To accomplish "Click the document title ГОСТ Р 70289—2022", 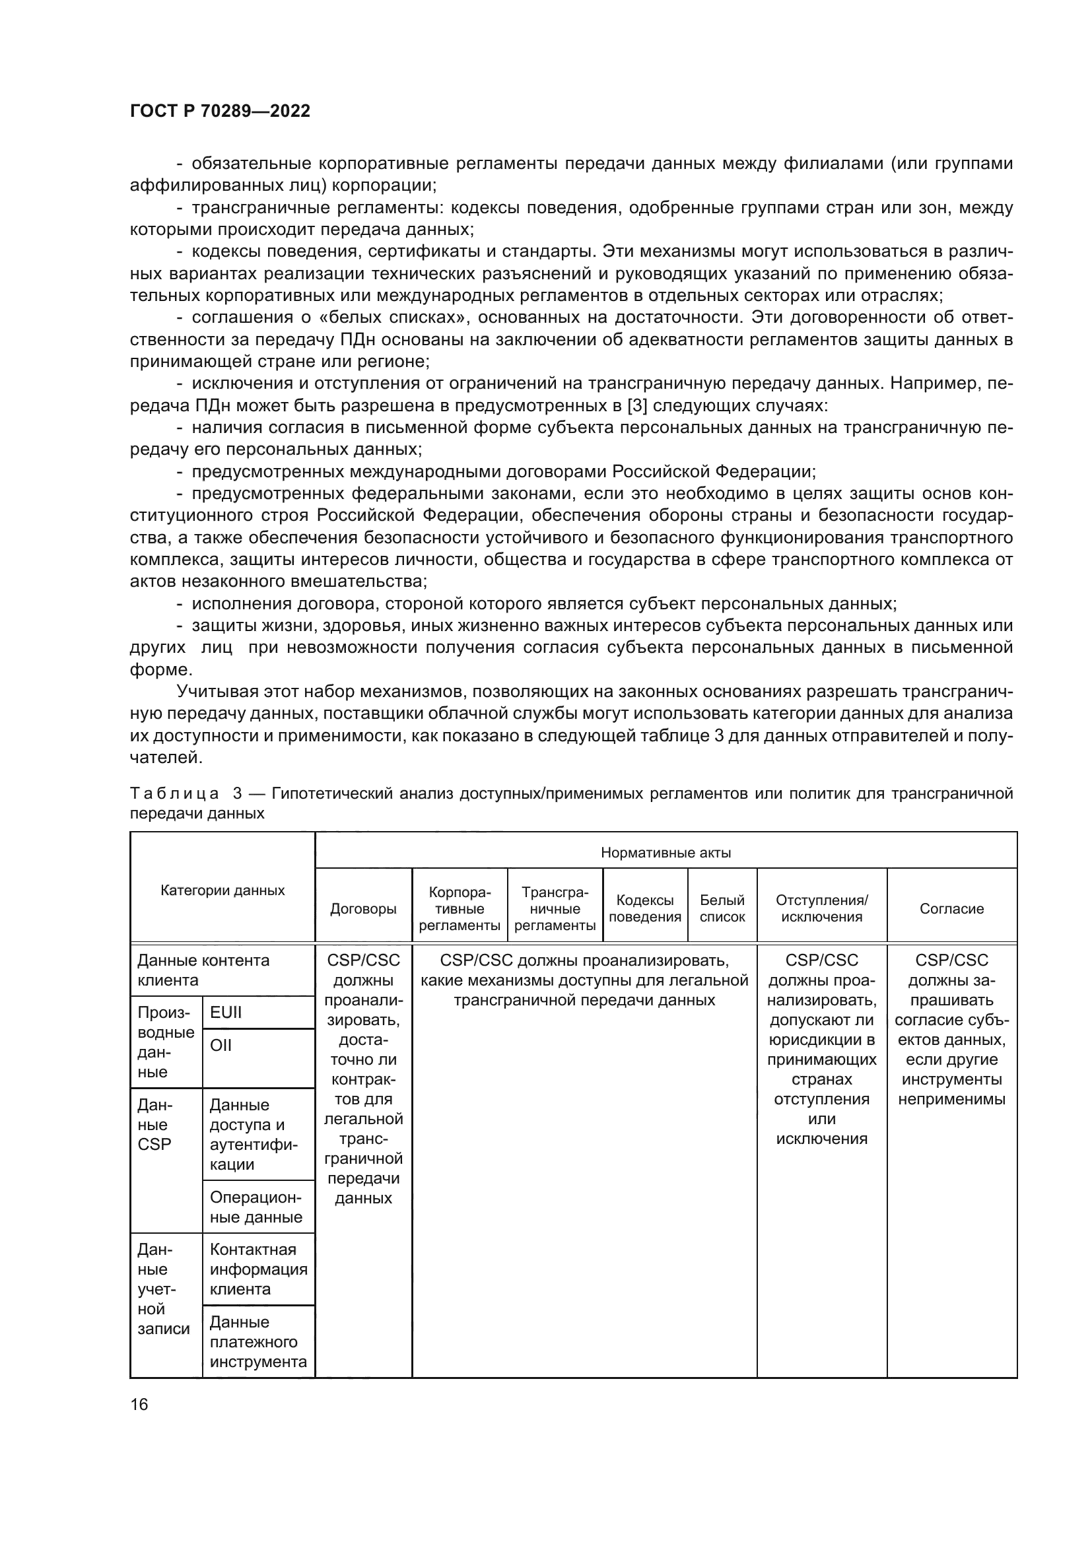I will [x=220, y=111].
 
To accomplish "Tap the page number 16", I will [x=139, y=1403].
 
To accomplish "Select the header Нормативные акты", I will [x=665, y=853].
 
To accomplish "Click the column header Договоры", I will [x=363, y=908].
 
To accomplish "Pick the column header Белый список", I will [x=722, y=908].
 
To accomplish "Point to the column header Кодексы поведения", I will [x=645, y=908].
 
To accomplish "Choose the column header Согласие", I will [x=951, y=908].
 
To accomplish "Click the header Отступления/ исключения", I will [x=822, y=908].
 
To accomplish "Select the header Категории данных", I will [x=222, y=890].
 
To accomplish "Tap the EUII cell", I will [x=226, y=1012].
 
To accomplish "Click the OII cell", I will [x=221, y=1044].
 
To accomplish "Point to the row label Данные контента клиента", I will [x=203, y=970].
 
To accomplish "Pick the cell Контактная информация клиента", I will [x=258, y=1269].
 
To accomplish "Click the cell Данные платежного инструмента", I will [x=258, y=1341].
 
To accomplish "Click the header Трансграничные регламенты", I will [x=555, y=908].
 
